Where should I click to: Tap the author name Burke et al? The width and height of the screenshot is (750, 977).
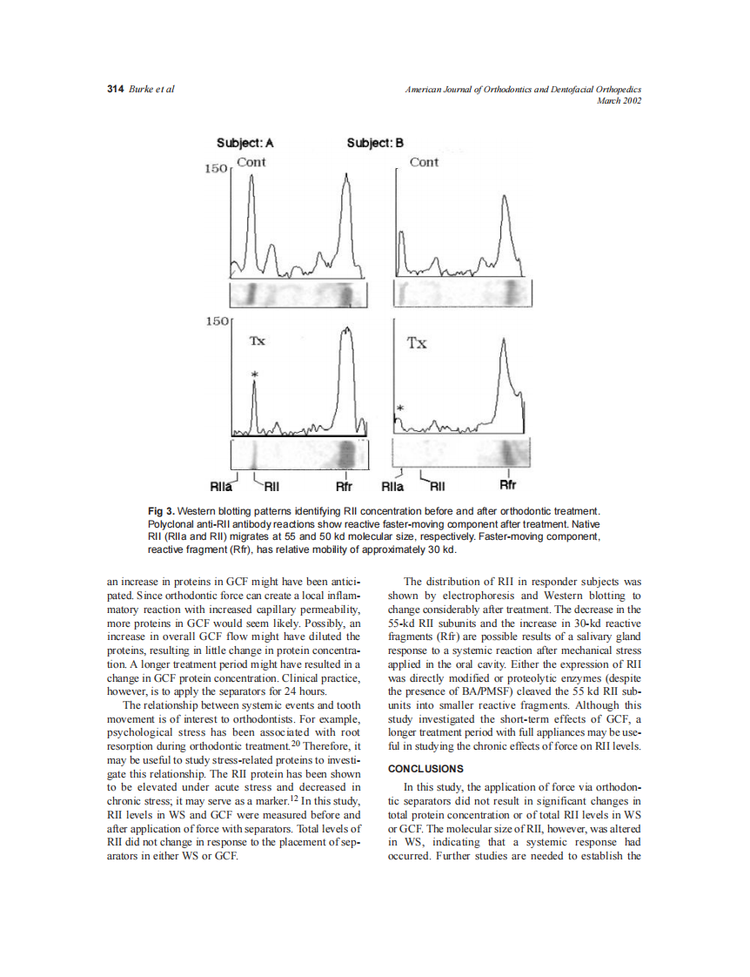[151, 90]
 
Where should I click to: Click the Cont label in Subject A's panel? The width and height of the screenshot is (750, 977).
[251, 162]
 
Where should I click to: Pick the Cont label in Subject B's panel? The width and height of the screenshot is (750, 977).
[424, 162]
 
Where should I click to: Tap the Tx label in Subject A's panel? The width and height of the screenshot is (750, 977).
[258, 340]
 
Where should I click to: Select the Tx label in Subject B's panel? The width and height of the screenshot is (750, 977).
[418, 342]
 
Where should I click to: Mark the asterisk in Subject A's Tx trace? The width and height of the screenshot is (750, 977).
[254, 375]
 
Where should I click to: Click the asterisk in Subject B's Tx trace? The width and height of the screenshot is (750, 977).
[400, 408]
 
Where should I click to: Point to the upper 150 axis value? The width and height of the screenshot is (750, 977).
[215, 168]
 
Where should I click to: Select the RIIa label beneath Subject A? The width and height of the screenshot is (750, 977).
[221, 487]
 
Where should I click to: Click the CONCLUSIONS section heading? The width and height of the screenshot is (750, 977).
[425, 769]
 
